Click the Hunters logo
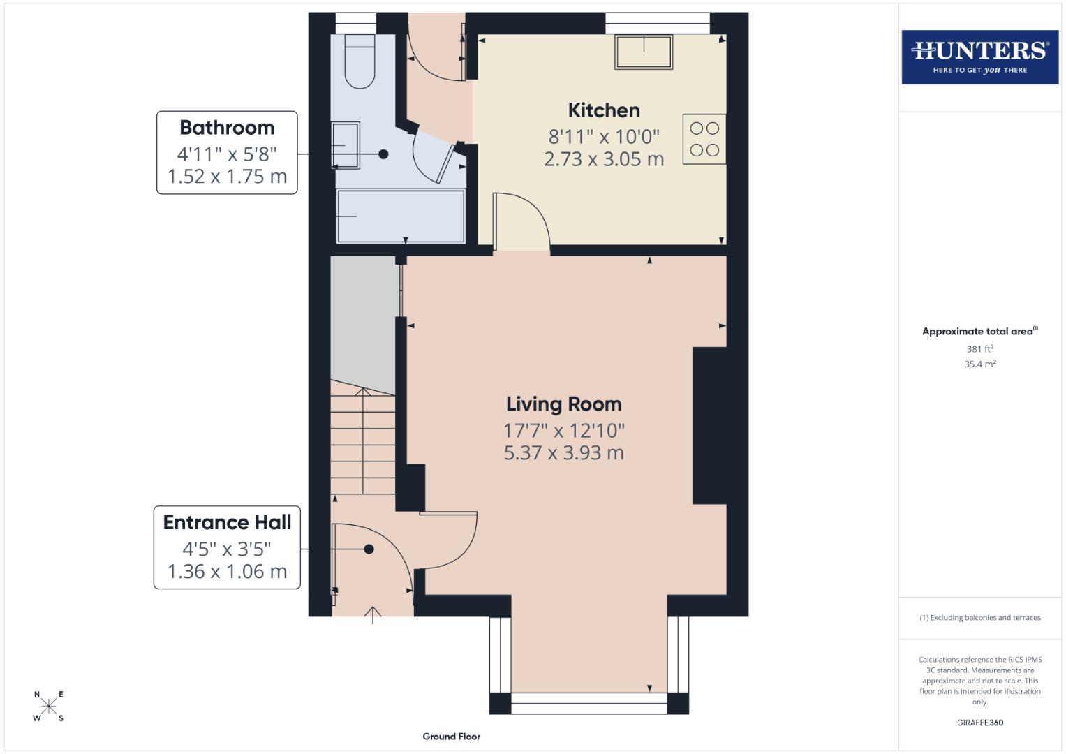(979, 57)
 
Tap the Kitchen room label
(604, 110)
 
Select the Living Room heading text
(563, 404)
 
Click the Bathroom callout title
(227, 128)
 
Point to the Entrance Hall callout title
(227, 522)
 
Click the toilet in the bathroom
(360, 63)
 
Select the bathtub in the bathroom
(401, 216)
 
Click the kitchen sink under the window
(644, 52)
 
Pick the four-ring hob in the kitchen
(704, 139)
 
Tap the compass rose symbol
(48, 706)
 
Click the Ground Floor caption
(451, 737)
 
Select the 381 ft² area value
(979, 348)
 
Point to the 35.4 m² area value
(979, 364)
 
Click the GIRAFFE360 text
(979, 723)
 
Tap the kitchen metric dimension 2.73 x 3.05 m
(604, 159)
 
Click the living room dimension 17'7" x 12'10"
(563, 430)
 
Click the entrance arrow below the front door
(373, 615)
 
